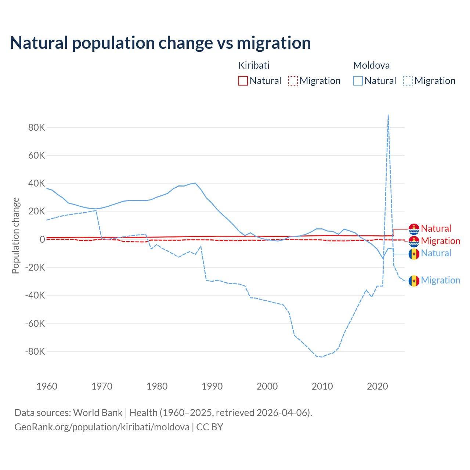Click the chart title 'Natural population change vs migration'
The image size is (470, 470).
coord(160,43)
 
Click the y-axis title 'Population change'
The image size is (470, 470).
coord(15,235)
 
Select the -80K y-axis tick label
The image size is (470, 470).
coord(35,352)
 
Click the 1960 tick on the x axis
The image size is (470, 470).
coord(47,386)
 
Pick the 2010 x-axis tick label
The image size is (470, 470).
coord(322,386)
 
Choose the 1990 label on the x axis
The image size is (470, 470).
coord(212,386)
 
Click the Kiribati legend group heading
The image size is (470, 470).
coord(254,65)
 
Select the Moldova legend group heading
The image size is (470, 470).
coord(371,65)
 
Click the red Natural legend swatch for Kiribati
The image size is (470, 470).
coord(243,81)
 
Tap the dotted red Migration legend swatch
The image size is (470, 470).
coord(293,81)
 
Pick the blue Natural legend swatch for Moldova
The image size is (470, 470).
coord(358,81)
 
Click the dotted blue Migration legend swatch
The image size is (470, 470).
coord(408,81)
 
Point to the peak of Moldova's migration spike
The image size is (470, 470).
coord(388,115)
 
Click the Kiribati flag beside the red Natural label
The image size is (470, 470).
coord(414,229)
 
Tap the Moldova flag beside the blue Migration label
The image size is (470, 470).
coord(414,281)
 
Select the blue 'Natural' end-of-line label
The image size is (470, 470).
coord(436,253)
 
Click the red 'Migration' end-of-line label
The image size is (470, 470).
coord(440,241)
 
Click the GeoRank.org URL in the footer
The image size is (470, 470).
coord(102,427)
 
